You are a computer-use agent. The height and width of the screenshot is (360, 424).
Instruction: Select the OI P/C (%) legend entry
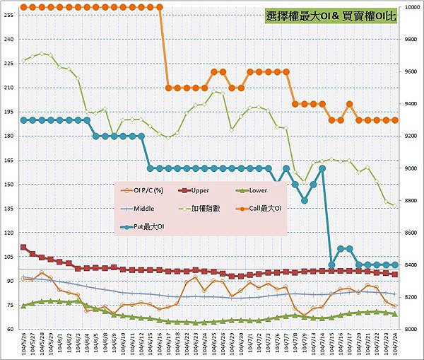click(x=146, y=190)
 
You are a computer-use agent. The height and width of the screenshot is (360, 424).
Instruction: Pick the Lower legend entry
click(x=251, y=190)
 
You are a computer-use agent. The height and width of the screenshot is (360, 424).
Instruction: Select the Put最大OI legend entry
click(x=144, y=226)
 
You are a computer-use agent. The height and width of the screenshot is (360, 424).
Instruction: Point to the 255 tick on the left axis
click(x=9, y=15)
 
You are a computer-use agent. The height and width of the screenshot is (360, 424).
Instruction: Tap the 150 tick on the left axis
click(x=9, y=184)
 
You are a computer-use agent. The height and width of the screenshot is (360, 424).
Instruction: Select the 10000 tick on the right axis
click(x=413, y=7)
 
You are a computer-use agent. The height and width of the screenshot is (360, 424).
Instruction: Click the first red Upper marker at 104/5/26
click(x=23, y=248)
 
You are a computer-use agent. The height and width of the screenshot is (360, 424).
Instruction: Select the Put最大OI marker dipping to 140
click(x=305, y=200)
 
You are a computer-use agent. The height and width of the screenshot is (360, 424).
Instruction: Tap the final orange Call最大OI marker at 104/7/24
click(x=394, y=120)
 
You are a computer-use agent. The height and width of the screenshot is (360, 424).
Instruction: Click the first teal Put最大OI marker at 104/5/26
click(x=23, y=120)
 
